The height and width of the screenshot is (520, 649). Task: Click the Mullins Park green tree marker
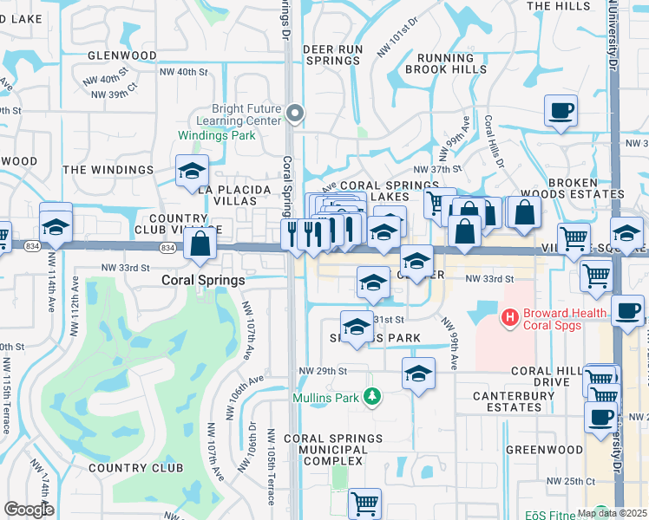tap(372, 397)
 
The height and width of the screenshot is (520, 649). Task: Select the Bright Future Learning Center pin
tap(296, 114)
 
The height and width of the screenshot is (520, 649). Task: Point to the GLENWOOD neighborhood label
tap(122, 55)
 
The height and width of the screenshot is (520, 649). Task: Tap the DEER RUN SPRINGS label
tap(331, 55)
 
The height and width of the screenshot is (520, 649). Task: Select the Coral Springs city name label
tap(204, 281)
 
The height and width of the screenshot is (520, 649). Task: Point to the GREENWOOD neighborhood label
tap(544, 450)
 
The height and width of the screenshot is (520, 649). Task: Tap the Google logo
tap(28, 510)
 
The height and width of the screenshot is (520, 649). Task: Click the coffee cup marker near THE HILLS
tap(560, 111)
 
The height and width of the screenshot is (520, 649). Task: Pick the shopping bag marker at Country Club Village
tap(200, 244)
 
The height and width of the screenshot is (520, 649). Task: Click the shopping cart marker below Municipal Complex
tap(364, 503)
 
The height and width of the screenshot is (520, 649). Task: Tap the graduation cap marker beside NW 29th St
tap(418, 374)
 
